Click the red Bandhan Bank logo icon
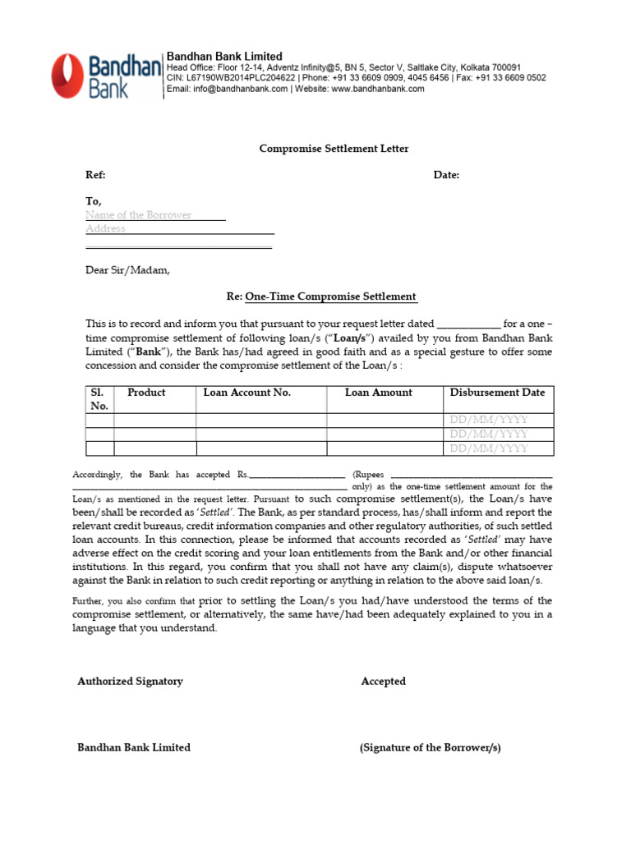[x=67, y=76]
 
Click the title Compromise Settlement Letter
[x=334, y=149]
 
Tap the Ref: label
[x=96, y=175]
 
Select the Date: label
[x=446, y=175]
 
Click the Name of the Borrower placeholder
[x=139, y=215]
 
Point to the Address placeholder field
[x=106, y=229]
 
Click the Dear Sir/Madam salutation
[x=127, y=269]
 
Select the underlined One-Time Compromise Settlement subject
[x=330, y=296]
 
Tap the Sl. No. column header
[x=99, y=399]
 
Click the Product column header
[x=146, y=393]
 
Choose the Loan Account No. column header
[x=247, y=393]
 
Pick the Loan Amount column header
[x=378, y=393]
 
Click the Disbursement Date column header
[x=497, y=393]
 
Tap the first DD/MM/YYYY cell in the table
[x=489, y=420]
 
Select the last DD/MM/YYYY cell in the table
[x=489, y=448]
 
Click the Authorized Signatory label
[x=130, y=681]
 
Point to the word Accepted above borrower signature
[x=383, y=681]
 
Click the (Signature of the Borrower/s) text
[x=430, y=747]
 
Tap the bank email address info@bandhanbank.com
[x=239, y=89]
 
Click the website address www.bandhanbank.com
[x=378, y=89]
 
